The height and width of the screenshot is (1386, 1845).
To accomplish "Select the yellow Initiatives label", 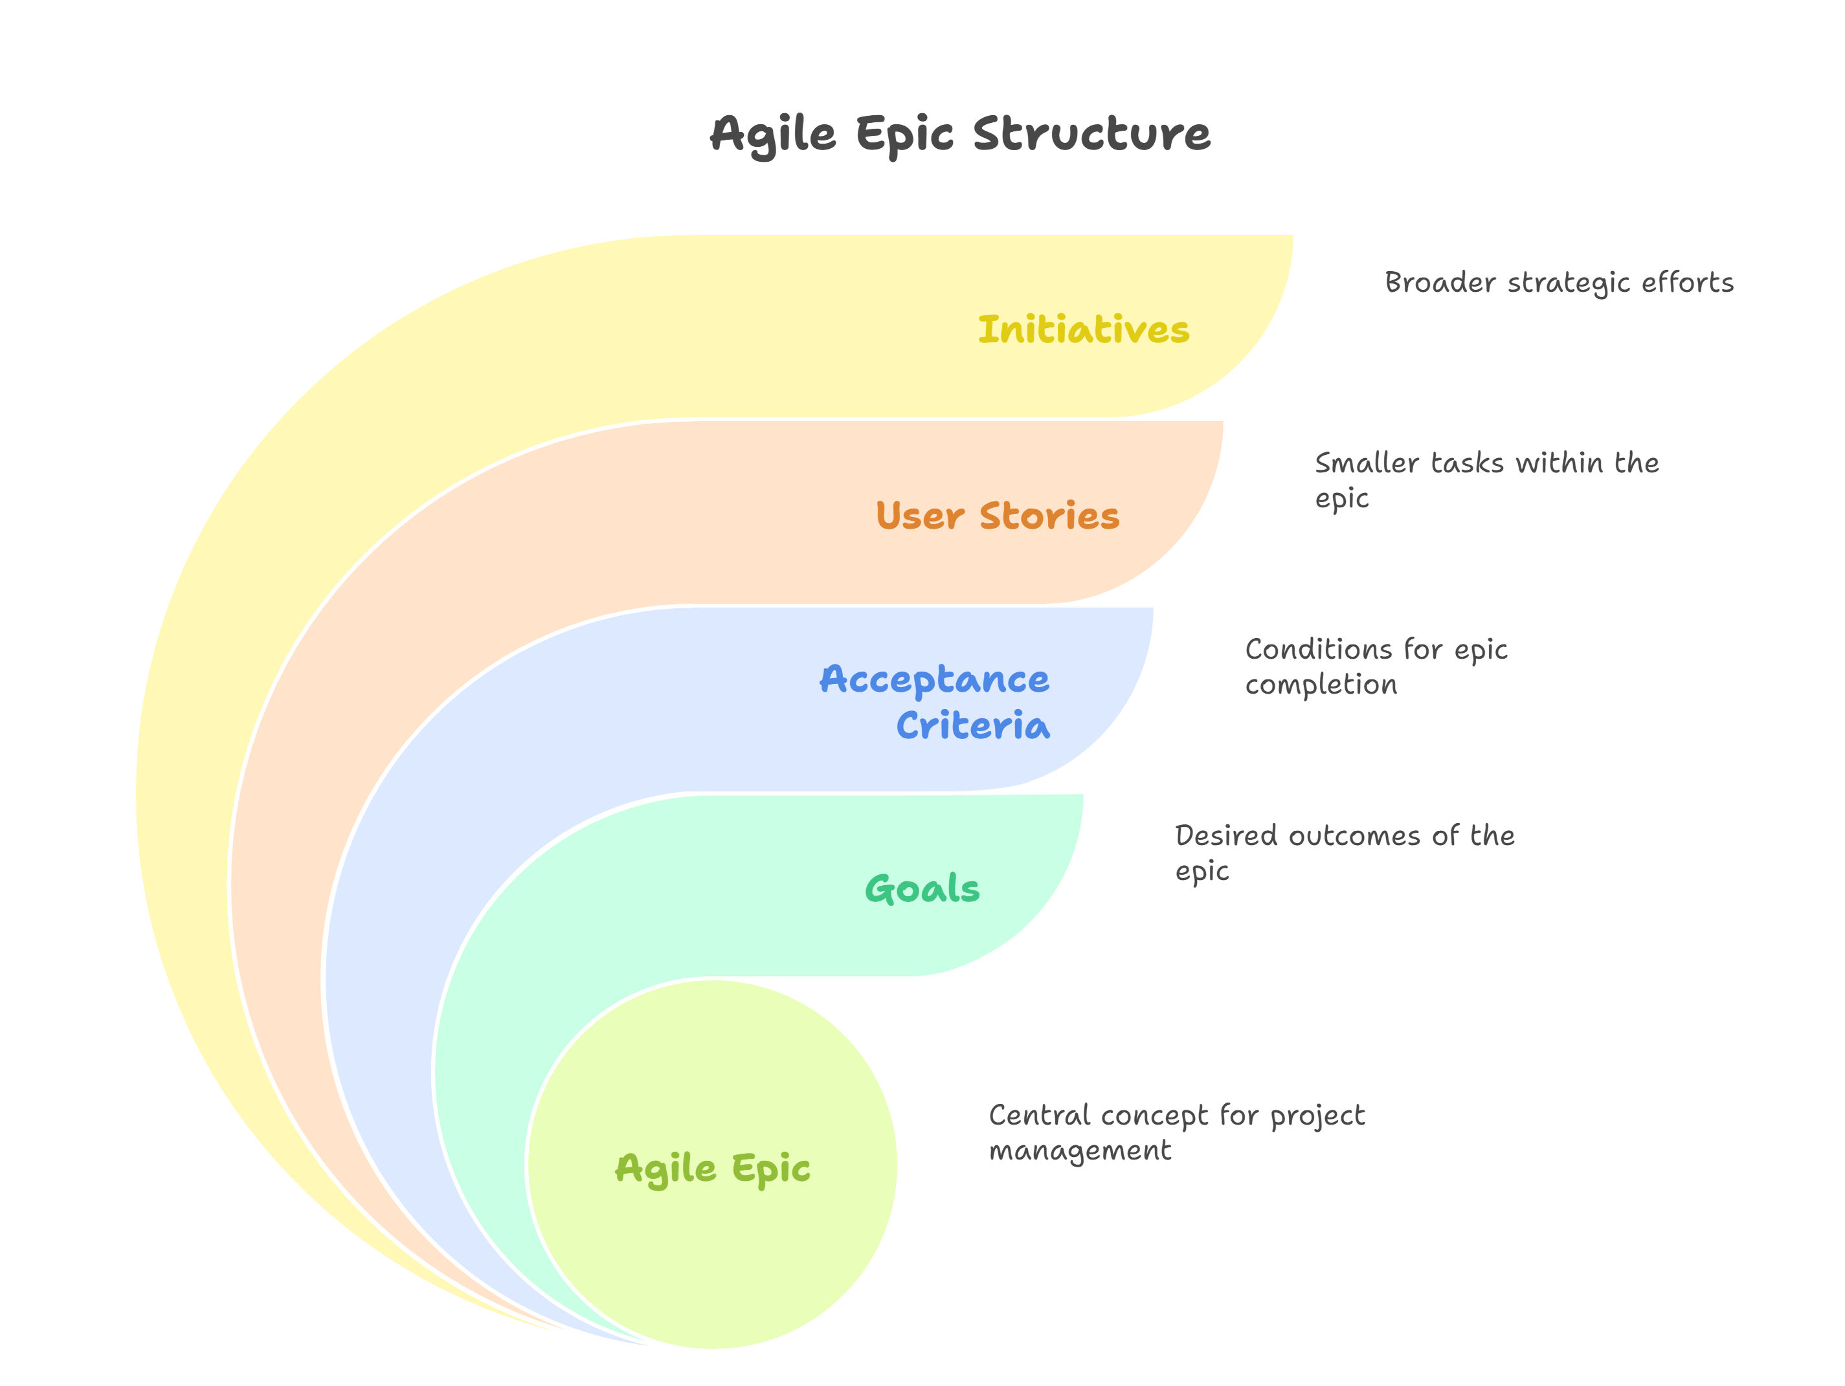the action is (x=1084, y=329).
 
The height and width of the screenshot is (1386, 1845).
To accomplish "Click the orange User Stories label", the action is (x=998, y=515).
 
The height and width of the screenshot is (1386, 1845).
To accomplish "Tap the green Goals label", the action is (x=922, y=889).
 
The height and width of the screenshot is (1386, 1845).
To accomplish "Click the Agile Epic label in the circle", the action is (x=712, y=1169).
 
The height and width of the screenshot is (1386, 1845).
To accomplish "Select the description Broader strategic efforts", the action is (x=1559, y=283).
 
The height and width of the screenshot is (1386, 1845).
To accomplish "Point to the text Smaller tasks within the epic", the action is (x=1486, y=480).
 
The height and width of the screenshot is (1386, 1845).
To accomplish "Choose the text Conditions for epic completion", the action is (x=1376, y=667).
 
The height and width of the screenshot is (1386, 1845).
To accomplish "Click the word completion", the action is (x=1321, y=685).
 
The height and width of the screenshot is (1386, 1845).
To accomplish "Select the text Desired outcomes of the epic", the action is (x=1345, y=853).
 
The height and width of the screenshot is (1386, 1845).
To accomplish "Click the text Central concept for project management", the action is (x=1176, y=1133).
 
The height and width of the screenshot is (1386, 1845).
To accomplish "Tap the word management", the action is (x=1080, y=1152).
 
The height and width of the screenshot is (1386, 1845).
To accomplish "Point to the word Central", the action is (x=1040, y=1116).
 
